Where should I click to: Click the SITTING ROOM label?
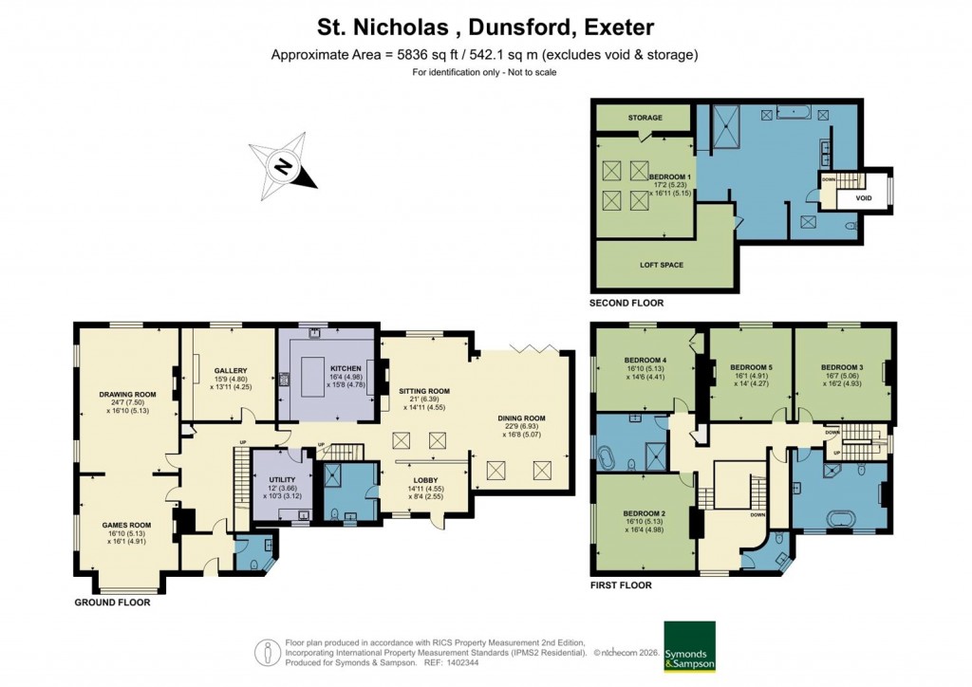tap(423, 391)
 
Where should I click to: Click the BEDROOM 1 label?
tap(670, 177)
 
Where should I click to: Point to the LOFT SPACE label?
tap(660, 265)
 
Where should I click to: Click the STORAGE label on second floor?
tap(645, 119)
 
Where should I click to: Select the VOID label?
tap(864, 198)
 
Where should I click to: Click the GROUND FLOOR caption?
tap(112, 602)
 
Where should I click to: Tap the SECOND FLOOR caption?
tap(627, 303)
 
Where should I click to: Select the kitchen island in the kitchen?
tap(319, 370)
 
